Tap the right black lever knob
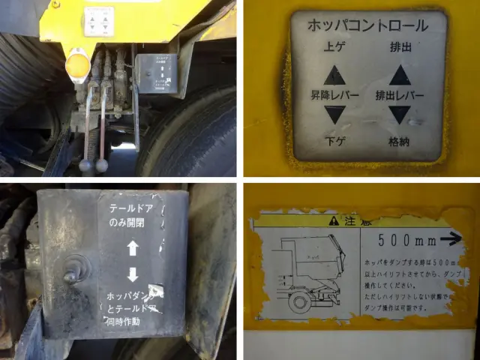coord(101,163)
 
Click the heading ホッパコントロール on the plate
coord(367,25)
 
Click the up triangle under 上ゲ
coord(335,74)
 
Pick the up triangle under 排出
coord(399,74)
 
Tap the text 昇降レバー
coord(335,96)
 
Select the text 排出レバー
coord(400,96)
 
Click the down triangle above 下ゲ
coord(335,115)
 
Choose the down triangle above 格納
coord(400,115)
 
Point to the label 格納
coord(399,140)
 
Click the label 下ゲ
coord(335,140)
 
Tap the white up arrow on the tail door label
coord(133,248)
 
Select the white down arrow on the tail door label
coord(133,273)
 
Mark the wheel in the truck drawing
coord(298,303)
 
